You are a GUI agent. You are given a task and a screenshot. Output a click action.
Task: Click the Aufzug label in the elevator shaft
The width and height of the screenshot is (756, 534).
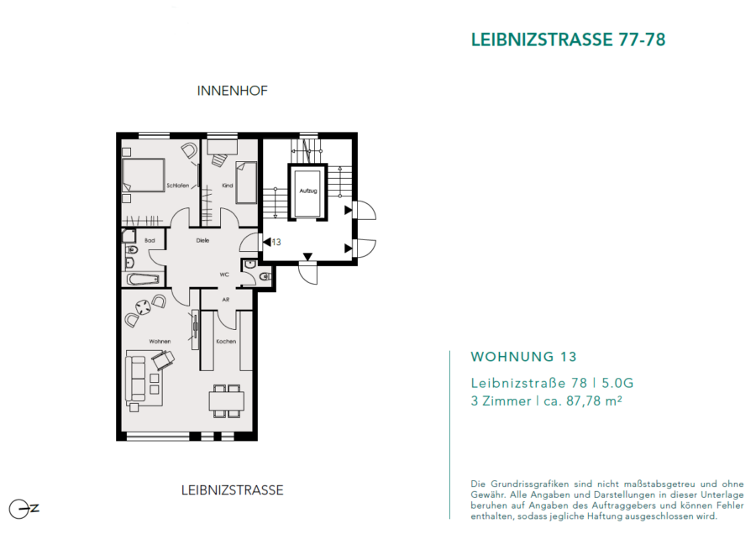point(308,191)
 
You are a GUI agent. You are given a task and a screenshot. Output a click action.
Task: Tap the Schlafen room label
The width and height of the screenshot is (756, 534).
point(178,186)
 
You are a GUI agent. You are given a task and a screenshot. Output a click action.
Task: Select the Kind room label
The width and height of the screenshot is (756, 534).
point(227,186)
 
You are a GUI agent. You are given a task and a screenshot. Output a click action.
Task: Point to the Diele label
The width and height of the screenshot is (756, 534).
point(202,240)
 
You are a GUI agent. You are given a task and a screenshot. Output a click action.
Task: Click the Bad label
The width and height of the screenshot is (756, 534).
point(150,240)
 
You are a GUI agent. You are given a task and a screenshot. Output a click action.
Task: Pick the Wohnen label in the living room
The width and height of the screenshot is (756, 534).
point(160,341)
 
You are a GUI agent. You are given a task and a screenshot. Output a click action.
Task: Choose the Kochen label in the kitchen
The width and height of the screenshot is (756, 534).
point(226,341)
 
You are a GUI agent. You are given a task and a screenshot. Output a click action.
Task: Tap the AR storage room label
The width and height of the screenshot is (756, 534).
point(226,299)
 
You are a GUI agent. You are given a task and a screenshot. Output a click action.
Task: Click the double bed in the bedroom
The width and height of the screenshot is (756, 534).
point(143,175)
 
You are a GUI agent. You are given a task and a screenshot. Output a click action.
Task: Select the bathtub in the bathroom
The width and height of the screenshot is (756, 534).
point(143,279)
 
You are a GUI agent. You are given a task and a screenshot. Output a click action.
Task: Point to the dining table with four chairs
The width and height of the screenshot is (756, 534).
point(226,400)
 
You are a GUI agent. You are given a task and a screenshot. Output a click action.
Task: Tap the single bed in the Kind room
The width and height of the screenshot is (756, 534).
point(246,183)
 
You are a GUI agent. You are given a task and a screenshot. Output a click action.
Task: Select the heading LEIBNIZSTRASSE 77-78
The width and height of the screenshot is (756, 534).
point(568,39)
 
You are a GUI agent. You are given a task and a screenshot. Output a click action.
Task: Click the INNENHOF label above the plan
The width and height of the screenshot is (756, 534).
point(232,91)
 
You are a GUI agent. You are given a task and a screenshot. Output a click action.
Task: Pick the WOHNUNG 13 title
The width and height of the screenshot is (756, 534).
point(523,357)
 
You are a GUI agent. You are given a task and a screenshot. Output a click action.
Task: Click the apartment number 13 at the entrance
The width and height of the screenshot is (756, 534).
point(276,242)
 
